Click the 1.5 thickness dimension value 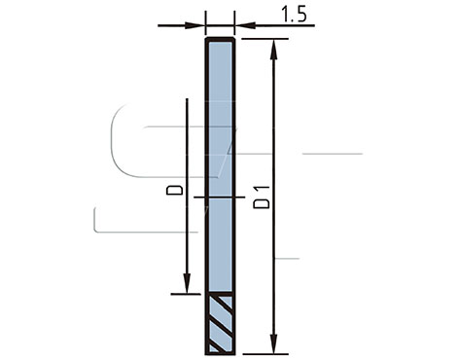[x=294, y=15]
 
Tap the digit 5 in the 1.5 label [x=301, y=15]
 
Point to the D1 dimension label [x=262, y=198]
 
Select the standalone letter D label [x=174, y=190]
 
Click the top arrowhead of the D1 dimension [x=274, y=50]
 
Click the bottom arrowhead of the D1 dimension [x=274, y=343]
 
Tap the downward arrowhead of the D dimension [x=187, y=283]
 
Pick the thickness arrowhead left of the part [x=195, y=25]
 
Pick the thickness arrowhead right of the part [x=245, y=25]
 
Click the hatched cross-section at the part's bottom [x=221, y=325]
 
